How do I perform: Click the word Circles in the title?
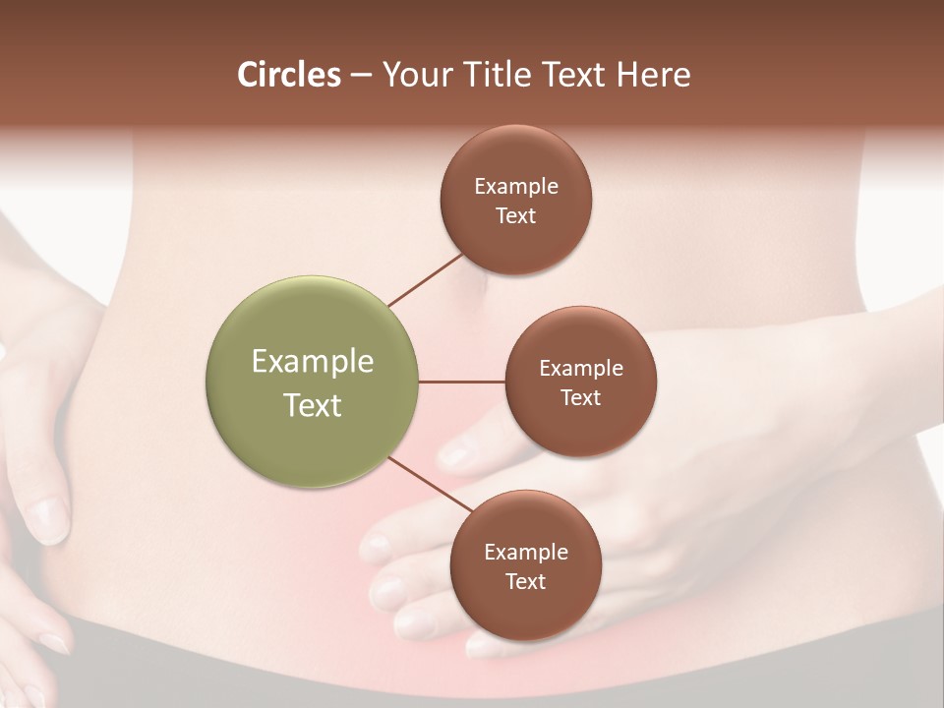pyautogui.click(x=288, y=75)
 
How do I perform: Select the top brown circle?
pyautogui.click(x=516, y=157)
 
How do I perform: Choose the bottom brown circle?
pyautogui.click(x=526, y=610)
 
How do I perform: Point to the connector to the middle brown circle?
pyautogui.click(x=462, y=382)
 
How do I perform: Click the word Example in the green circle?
pyautogui.click(x=313, y=361)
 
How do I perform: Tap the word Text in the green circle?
pyautogui.click(x=313, y=405)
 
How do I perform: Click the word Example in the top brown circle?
pyautogui.click(x=516, y=186)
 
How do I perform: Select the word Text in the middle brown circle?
pyautogui.click(x=581, y=397)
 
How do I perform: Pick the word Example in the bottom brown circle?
pyautogui.click(x=526, y=552)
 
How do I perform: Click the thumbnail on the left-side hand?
pyautogui.click(x=48, y=517)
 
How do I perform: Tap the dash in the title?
pyautogui.click(x=361, y=76)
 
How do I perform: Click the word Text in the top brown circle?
pyautogui.click(x=516, y=215)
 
